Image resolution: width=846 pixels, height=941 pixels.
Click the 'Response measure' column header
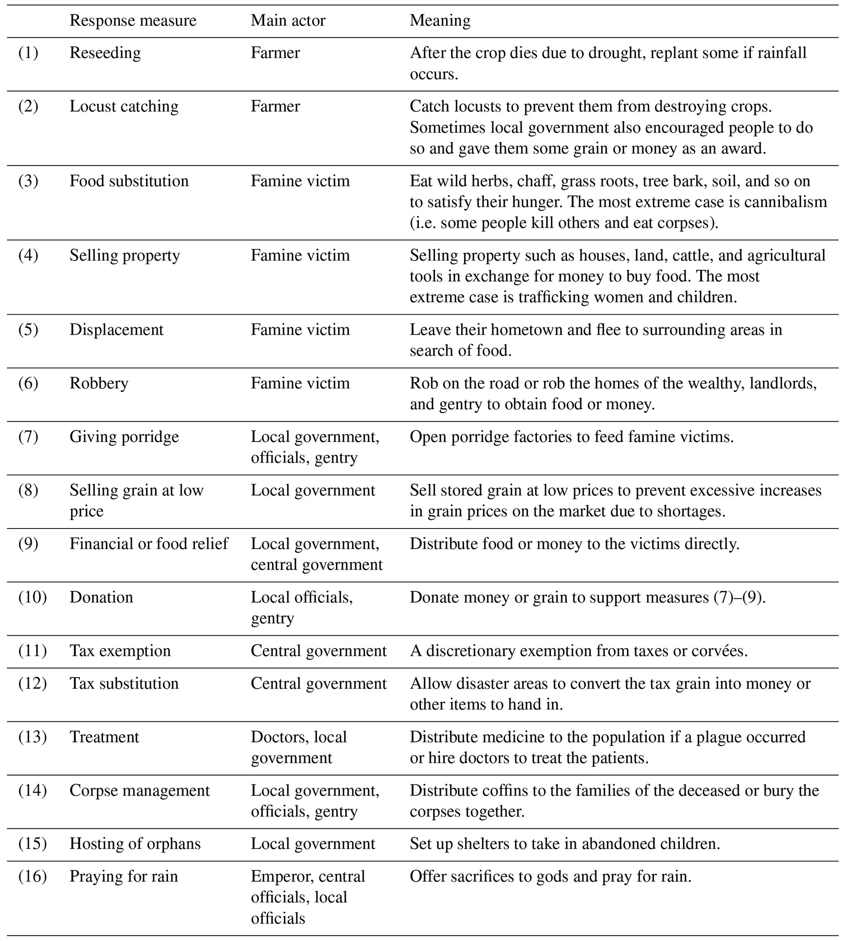[x=133, y=20]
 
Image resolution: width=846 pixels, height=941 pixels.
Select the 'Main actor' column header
[x=288, y=20]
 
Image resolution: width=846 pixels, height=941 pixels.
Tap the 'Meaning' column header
[x=440, y=20]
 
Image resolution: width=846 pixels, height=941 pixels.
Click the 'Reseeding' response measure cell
[x=105, y=52]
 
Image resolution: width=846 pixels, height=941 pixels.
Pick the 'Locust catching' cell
[x=124, y=106]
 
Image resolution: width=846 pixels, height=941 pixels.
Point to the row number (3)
[x=28, y=181]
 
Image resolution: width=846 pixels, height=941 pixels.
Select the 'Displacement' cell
[x=116, y=329]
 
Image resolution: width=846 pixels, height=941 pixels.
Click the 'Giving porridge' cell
[x=124, y=436]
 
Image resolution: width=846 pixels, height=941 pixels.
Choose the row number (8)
[x=28, y=490]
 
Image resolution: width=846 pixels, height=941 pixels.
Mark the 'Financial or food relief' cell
[x=149, y=543]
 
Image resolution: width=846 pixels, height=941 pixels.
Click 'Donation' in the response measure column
[x=102, y=597]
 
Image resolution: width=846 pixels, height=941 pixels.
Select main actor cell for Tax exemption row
[x=318, y=650]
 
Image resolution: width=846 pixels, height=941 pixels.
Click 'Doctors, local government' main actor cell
[x=299, y=747]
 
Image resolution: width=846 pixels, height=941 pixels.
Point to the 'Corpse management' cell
[x=140, y=790]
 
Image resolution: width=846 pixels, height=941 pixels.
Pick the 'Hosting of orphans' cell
[x=135, y=844]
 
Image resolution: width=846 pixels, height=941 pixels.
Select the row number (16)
[x=33, y=876]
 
